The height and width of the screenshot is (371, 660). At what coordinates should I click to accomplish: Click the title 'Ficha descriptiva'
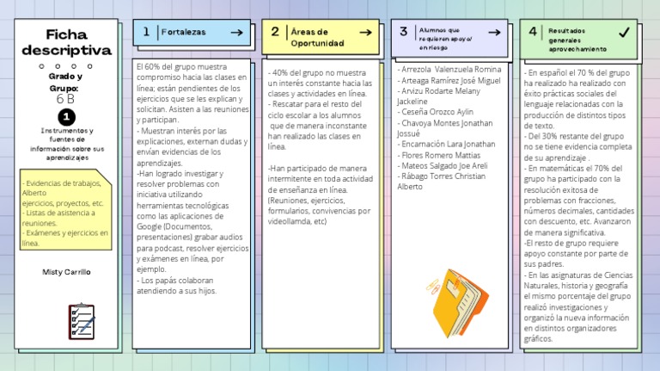(x=66, y=42)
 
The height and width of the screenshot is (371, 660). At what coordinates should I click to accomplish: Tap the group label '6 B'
(x=65, y=99)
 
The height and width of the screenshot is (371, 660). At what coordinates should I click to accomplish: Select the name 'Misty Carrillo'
(x=65, y=271)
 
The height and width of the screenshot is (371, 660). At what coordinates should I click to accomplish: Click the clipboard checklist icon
(x=82, y=320)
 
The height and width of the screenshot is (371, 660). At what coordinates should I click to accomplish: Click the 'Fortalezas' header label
(x=183, y=33)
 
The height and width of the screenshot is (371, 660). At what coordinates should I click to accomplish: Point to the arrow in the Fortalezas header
(x=235, y=33)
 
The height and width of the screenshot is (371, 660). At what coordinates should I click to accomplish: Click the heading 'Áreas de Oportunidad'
(x=317, y=37)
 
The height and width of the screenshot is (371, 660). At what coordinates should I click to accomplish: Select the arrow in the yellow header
(x=364, y=33)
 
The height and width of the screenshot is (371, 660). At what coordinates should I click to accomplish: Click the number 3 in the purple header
(x=403, y=32)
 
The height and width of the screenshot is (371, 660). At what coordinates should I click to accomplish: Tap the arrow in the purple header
(x=494, y=33)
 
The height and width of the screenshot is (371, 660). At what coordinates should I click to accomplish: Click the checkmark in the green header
(x=624, y=33)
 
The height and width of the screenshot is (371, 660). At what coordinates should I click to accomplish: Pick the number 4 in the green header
(x=533, y=33)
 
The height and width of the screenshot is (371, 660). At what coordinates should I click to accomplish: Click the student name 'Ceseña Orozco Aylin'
(x=437, y=112)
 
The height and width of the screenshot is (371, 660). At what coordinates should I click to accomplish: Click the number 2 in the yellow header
(x=274, y=32)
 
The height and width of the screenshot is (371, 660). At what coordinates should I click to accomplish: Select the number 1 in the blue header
(x=147, y=32)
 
